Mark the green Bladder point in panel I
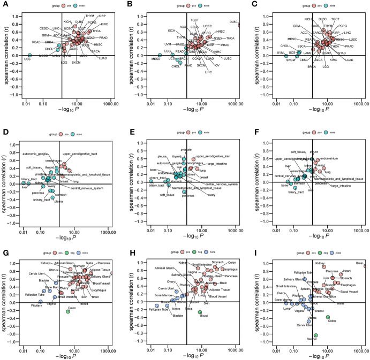tap(316, 335)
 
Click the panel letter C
tap(251, 4)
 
